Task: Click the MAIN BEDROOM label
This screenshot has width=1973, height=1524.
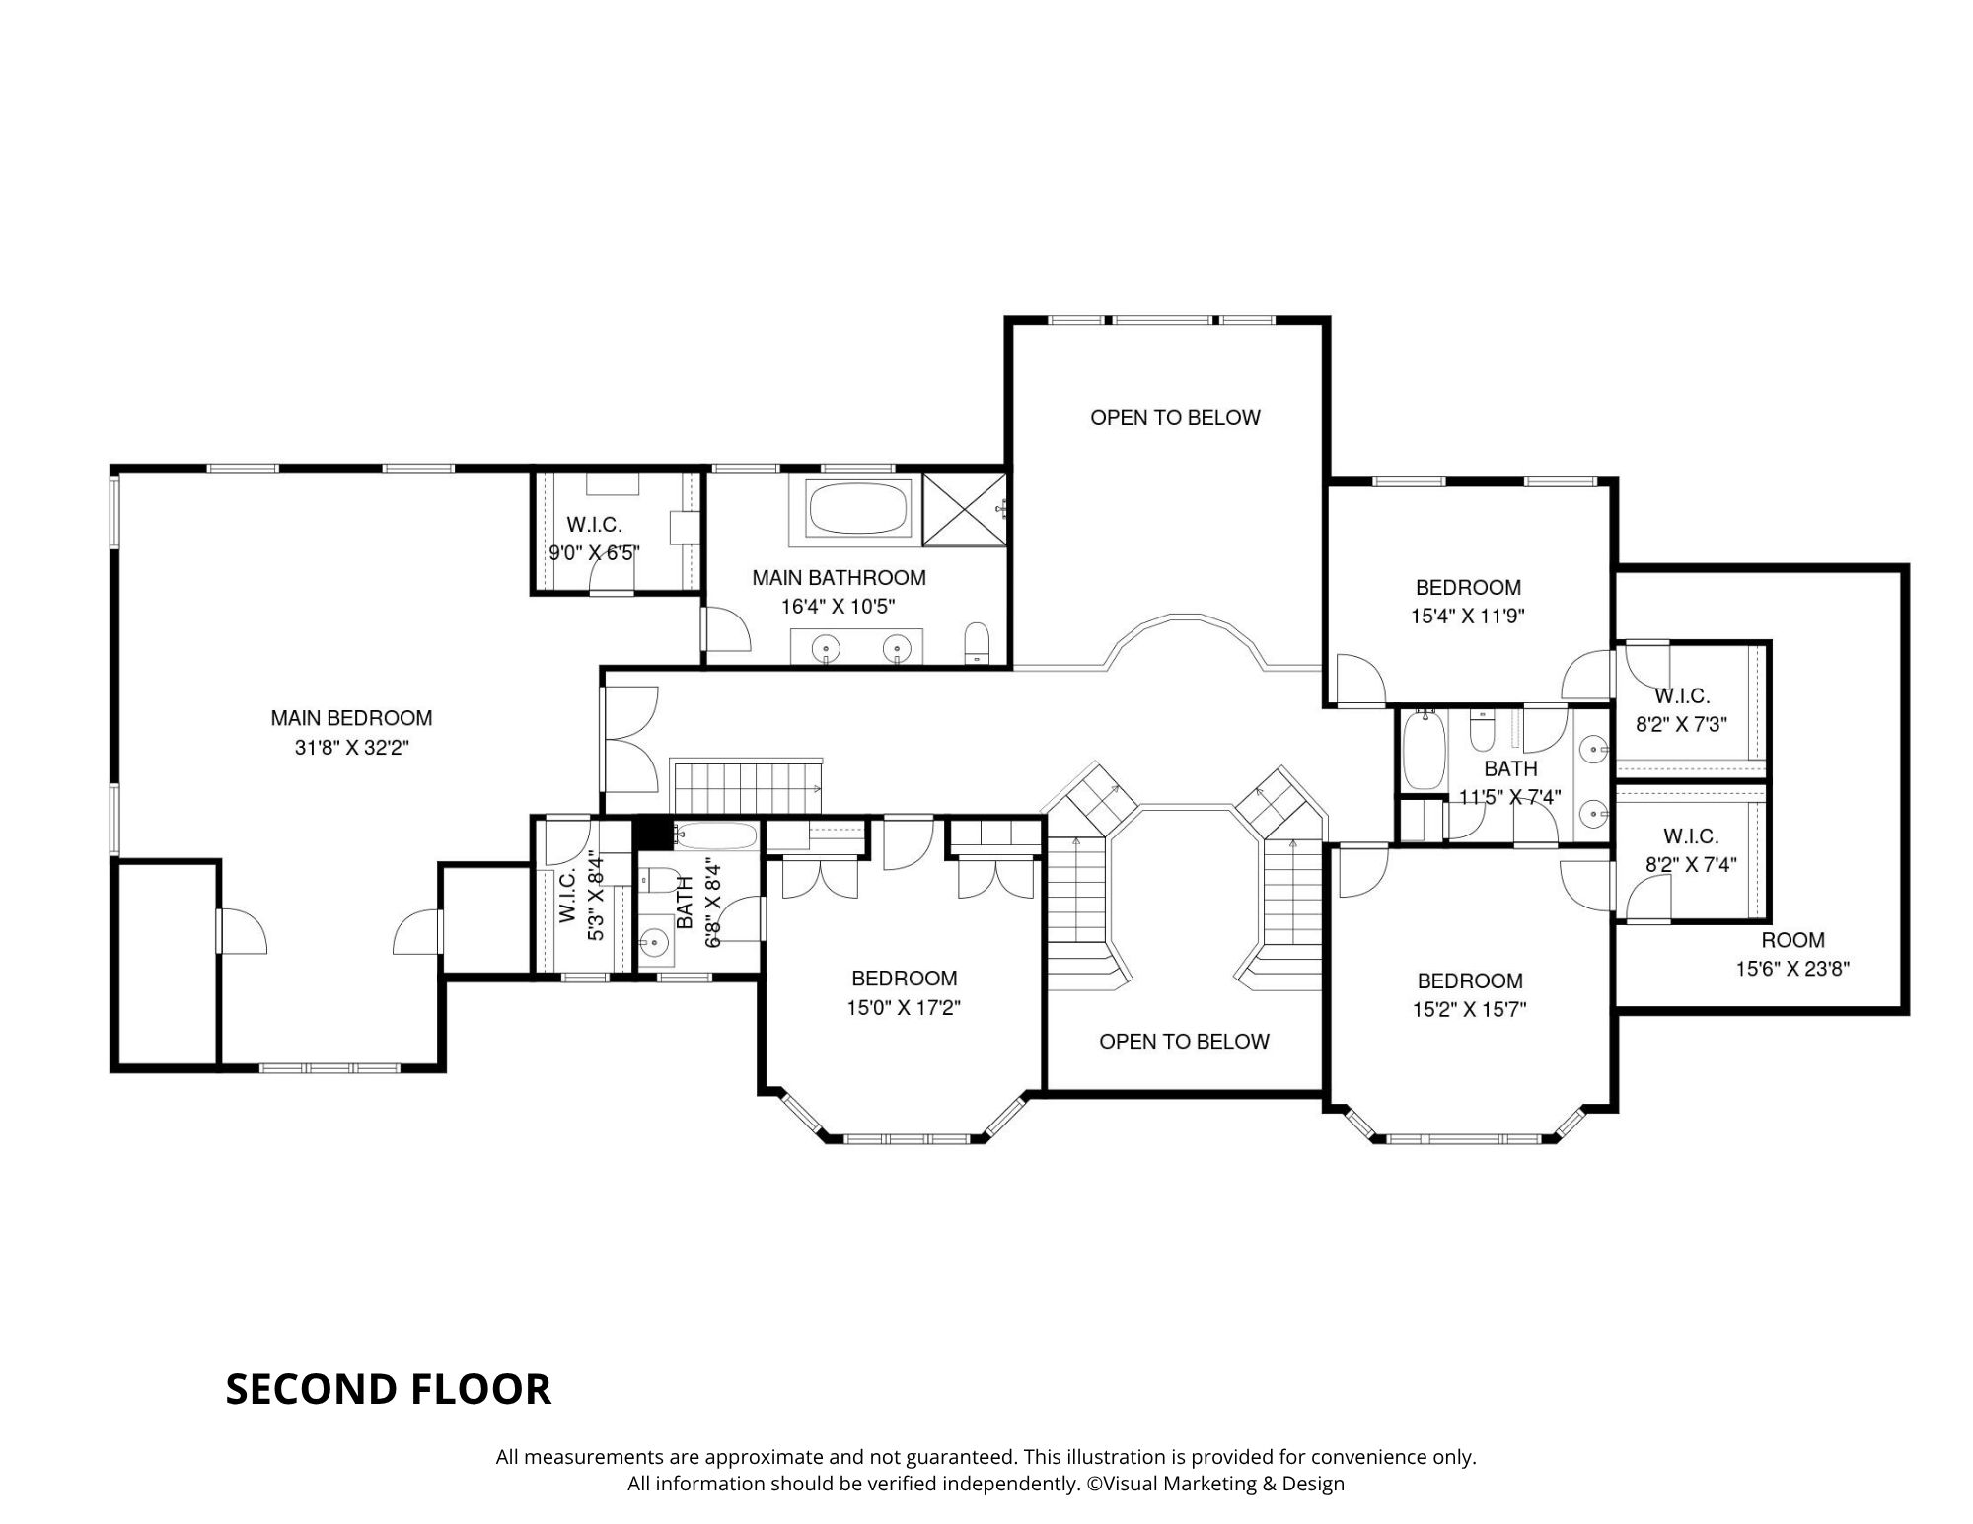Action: [351, 718]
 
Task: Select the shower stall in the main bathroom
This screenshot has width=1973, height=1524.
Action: [964, 509]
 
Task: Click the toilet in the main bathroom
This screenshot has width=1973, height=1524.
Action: [977, 644]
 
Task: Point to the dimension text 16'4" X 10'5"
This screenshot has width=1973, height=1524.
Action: [839, 607]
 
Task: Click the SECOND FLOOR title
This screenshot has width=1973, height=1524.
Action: [388, 1389]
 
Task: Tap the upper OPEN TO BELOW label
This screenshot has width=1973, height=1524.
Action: [1175, 418]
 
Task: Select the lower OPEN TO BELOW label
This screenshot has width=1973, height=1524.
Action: [1184, 1042]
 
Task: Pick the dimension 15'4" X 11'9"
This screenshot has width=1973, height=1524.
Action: [1468, 617]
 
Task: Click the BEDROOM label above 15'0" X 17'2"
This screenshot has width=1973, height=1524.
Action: [905, 979]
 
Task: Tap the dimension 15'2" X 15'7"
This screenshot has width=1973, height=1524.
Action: [1470, 1010]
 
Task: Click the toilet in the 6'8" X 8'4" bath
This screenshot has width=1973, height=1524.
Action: [658, 880]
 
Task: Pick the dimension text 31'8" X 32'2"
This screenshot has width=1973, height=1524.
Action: [352, 748]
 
